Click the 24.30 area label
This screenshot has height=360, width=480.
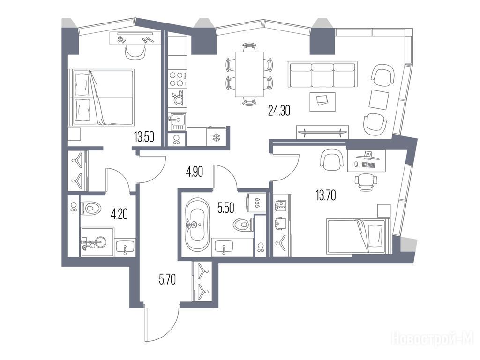click(x=279, y=110)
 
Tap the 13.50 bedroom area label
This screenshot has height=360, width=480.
click(x=144, y=137)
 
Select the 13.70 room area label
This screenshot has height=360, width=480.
click(x=326, y=195)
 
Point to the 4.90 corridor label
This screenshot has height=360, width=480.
click(x=195, y=172)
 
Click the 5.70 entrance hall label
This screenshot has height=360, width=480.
click(x=167, y=279)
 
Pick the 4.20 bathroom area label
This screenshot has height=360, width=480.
click(x=120, y=214)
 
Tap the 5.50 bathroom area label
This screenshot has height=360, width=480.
click(x=225, y=208)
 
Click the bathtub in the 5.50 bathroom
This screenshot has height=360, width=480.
click(x=197, y=224)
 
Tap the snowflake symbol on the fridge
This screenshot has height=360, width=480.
click(x=217, y=137)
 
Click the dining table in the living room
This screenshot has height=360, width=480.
click(x=249, y=74)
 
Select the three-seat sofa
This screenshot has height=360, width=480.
click(x=322, y=74)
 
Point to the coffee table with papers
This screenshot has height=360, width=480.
click(x=322, y=102)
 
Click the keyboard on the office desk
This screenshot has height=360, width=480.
click(x=368, y=165)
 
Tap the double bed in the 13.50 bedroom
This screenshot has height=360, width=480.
click(x=102, y=97)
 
